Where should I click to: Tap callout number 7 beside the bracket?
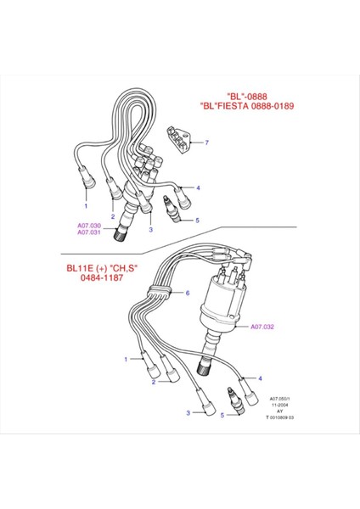(205, 143)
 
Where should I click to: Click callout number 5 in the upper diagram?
(197, 221)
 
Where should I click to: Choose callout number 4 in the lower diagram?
(260, 378)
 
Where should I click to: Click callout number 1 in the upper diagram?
(85, 205)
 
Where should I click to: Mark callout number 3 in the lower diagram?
(188, 412)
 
